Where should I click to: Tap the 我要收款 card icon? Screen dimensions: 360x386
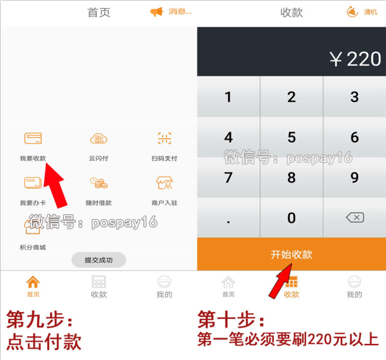click(x=33, y=138)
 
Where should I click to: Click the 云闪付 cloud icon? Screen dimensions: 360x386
click(x=98, y=139)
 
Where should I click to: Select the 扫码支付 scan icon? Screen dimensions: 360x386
click(x=165, y=138)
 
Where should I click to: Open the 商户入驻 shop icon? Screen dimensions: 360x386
click(x=165, y=183)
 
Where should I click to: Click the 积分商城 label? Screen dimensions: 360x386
click(x=33, y=247)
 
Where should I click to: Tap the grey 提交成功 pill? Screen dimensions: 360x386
click(x=98, y=259)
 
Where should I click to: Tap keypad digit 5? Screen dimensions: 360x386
click(x=291, y=137)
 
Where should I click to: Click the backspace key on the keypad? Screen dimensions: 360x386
click(x=354, y=217)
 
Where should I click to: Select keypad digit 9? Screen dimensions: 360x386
click(x=354, y=177)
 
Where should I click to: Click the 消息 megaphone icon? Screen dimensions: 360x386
click(x=157, y=12)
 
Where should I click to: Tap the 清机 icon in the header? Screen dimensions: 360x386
click(x=352, y=12)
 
